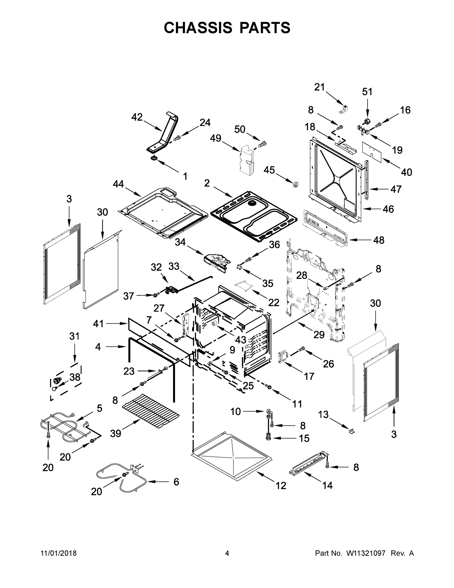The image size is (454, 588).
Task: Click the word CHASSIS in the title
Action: coord(198,28)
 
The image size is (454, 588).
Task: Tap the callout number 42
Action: coord(137,117)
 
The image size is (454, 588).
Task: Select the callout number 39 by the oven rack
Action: coord(116,433)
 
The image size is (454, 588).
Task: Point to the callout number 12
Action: coord(281,485)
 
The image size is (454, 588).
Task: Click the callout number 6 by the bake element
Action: coord(176,482)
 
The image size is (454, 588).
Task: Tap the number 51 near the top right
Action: coord(367,92)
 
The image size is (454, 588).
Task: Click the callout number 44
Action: coord(118,184)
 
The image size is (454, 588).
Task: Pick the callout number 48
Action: coord(379,240)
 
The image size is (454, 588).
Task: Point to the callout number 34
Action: coord(180,242)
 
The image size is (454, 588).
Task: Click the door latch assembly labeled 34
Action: coord(217,262)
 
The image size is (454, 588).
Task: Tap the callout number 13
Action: coord(323,415)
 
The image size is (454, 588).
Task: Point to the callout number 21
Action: coord(320,87)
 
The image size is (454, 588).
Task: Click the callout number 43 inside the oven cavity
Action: coord(240,340)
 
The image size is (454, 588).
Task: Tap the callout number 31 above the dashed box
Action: coord(74,336)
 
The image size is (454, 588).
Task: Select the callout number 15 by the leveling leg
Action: coord(304,438)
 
